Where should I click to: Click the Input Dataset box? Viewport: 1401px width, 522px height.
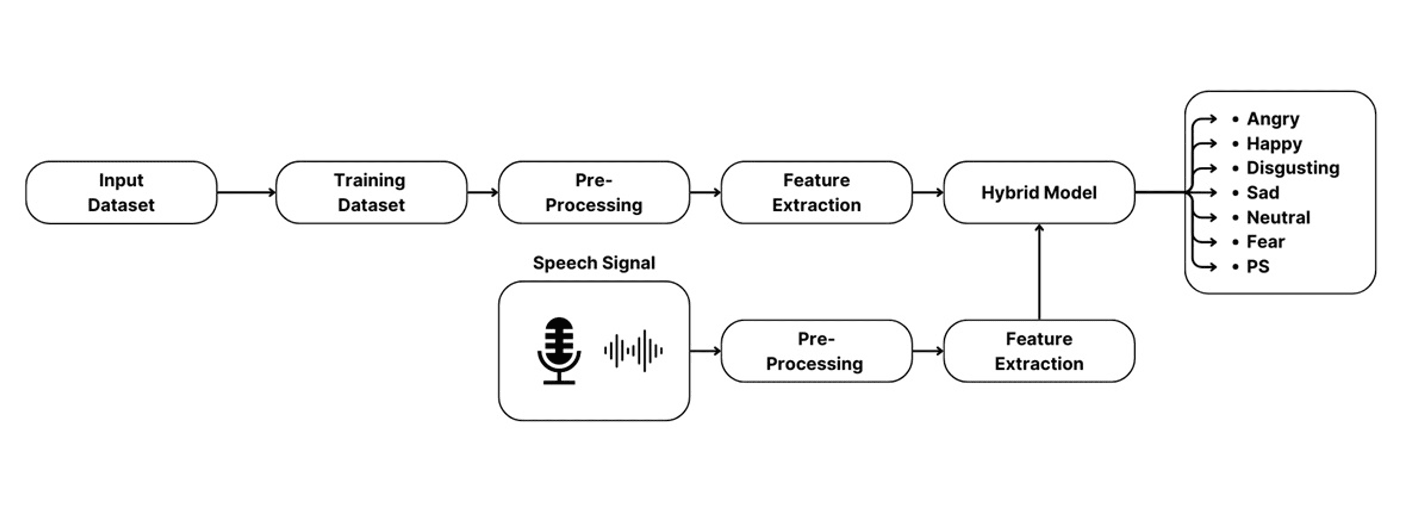[x=121, y=192]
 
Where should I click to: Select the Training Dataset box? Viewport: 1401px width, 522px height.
[x=371, y=192]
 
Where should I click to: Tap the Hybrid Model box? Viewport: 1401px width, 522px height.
[x=1039, y=192]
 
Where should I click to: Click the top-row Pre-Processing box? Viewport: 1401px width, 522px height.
[x=594, y=192]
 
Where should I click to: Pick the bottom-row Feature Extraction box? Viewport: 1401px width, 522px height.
[x=1039, y=351]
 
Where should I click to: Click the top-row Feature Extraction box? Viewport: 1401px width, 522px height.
[x=816, y=192]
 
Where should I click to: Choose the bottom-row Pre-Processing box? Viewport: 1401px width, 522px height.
[x=816, y=351]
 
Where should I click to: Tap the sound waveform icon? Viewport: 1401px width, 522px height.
[x=634, y=351]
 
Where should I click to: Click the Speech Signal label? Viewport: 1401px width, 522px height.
[x=594, y=263]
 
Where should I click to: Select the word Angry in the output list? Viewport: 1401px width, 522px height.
[x=1273, y=119]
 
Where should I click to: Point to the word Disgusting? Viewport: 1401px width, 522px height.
[x=1293, y=168]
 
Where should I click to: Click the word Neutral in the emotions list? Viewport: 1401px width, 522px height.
[x=1278, y=217]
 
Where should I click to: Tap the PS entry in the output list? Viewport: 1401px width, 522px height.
[x=1258, y=266]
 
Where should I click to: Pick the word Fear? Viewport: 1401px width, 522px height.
[x=1266, y=242]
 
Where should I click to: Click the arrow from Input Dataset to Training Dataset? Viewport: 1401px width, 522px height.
[x=246, y=192]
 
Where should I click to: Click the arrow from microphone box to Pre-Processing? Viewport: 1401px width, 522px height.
[x=705, y=351]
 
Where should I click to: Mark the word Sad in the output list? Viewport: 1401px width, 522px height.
[x=1262, y=193]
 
